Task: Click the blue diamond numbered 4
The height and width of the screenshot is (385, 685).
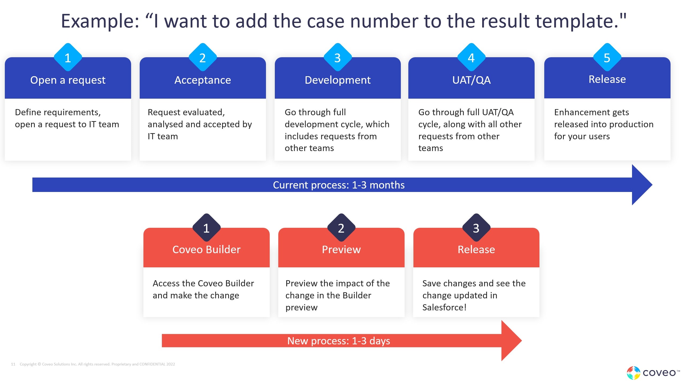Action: pos(471,57)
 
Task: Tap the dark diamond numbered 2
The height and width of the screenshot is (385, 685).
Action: pos(341,228)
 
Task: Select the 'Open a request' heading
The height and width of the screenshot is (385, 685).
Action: pos(68,80)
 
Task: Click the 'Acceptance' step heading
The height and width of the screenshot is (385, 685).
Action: pos(203,80)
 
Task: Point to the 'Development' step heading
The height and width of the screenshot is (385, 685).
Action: pos(338,80)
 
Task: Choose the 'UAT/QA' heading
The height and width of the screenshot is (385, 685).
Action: pos(471,80)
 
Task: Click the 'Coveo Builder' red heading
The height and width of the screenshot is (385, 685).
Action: pos(206,249)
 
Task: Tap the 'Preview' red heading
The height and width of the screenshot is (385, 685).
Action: pos(341,249)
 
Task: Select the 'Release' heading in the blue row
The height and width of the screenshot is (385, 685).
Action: pos(607,79)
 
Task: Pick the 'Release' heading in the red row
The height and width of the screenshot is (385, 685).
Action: pos(476,249)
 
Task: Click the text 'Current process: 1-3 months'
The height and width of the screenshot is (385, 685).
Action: pos(339,185)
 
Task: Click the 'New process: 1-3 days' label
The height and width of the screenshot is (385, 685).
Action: pos(338,341)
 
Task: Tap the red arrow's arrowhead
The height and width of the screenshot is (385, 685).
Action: pos(511,341)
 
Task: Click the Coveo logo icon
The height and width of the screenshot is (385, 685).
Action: pos(633,373)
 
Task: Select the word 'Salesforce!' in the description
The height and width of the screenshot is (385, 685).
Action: pos(444,307)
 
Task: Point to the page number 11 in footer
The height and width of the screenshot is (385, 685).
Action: pos(13,364)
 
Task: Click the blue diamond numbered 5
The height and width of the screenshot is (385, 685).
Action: pos(607,57)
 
